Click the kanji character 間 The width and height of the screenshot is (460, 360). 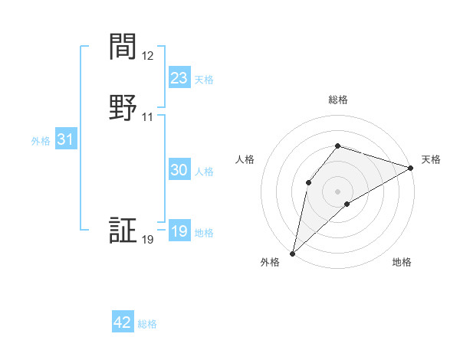(x=123, y=47)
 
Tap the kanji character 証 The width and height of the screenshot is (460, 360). (x=123, y=231)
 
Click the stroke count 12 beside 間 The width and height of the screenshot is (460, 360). (x=148, y=56)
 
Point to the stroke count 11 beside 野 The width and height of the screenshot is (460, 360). (x=148, y=117)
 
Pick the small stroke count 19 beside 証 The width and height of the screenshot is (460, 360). (x=148, y=240)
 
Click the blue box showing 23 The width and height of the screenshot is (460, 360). (x=179, y=78)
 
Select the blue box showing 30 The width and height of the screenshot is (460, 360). (x=179, y=171)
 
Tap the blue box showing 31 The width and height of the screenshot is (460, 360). (x=65, y=140)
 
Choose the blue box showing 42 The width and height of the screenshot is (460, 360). (x=123, y=322)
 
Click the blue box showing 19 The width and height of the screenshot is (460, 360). (x=179, y=231)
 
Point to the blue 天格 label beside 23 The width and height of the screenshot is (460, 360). (x=204, y=79)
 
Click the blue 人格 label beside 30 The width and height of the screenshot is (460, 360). (x=205, y=172)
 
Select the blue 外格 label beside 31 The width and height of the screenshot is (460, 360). (x=41, y=141)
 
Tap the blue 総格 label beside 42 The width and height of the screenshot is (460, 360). (x=147, y=324)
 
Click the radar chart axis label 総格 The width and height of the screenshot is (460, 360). (x=338, y=100)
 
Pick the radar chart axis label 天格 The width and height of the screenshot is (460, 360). (x=431, y=159)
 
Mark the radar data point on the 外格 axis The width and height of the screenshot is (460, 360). (x=292, y=253)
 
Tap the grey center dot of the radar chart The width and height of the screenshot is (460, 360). (x=338, y=191)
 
